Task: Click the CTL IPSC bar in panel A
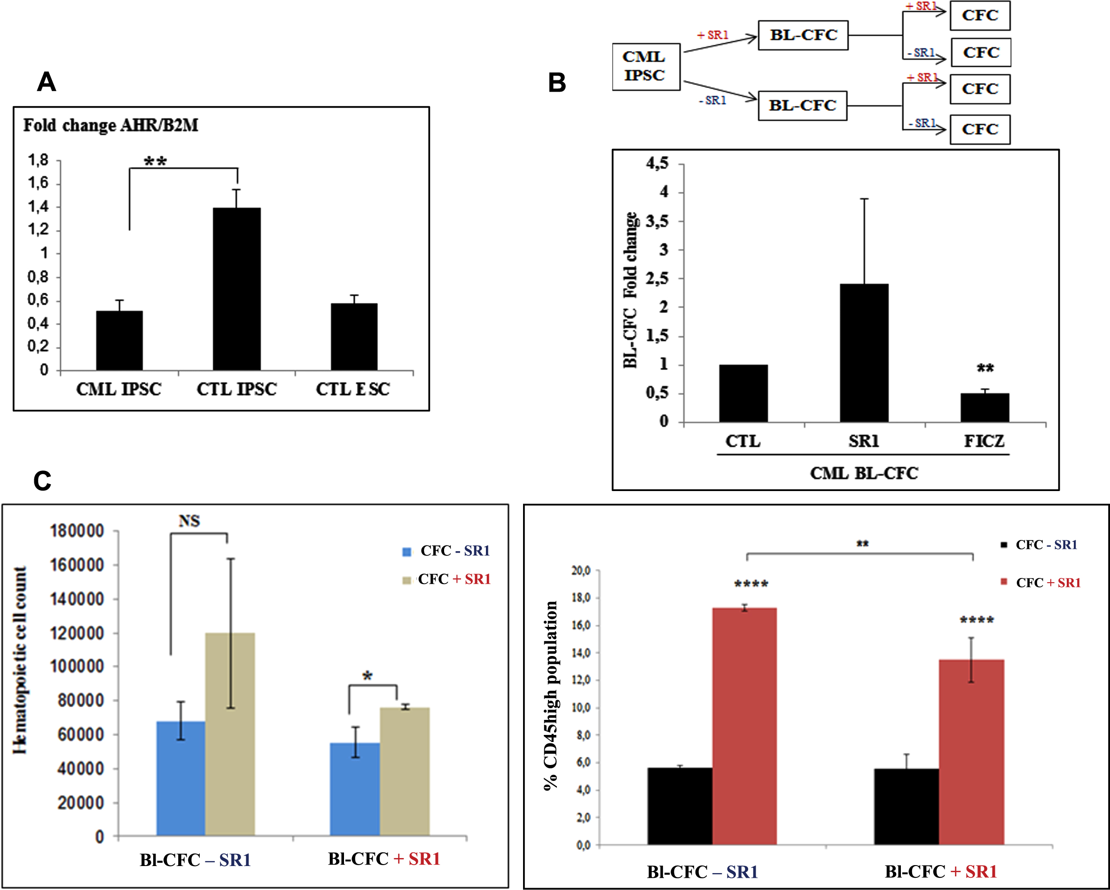point(237,289)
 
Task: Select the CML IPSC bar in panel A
point(119,340)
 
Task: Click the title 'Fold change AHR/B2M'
point(111,125)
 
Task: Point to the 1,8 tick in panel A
point(38,160)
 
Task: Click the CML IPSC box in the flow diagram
point(646,66)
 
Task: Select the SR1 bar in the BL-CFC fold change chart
point(864,353)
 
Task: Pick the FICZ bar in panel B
point(985,408)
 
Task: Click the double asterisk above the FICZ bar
point(985,368)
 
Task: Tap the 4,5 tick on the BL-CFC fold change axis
point(657,164)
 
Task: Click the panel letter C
point(42,481)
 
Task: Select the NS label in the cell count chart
point(189,521)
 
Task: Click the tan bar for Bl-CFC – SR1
point(230,734)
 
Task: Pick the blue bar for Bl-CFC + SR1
point(355,789)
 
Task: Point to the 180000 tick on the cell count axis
point(77,531)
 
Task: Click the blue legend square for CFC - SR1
point(406,552)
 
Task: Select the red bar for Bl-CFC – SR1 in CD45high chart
point(744,726)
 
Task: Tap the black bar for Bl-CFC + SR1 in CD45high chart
point(906,807)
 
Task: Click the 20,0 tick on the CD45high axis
point(581,570)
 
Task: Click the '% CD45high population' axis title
point(550,696)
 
